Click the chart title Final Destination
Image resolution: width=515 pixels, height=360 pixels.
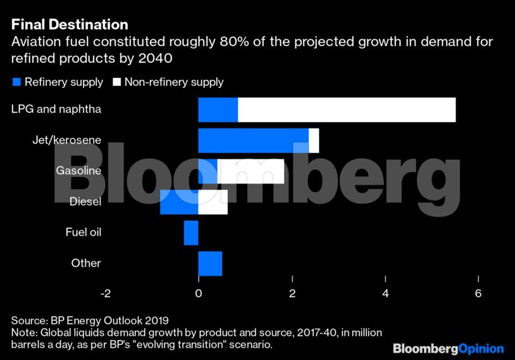pyautogui.click(x=70, y=25)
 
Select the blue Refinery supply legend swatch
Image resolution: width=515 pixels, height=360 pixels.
pyautogui.click(x=16, y=82)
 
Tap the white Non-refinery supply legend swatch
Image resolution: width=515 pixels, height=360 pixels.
pyautogui.click(x=117, y=82)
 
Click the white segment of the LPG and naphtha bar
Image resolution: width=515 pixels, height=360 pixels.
pyautogui.click(x=347, y=109)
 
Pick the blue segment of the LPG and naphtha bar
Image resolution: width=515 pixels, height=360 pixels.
pyautogui.click(x=218, y=109)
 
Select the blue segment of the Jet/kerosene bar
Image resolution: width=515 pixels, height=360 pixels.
pyautogui.click(x=253, y=140)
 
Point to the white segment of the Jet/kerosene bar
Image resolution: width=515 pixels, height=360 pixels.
pyautogui.click(x=314, y=140)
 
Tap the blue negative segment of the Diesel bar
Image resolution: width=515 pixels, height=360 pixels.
pyautogui.click(x=179, y=202)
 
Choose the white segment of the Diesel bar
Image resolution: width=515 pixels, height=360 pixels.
pyautogui.click(x=213, y=202)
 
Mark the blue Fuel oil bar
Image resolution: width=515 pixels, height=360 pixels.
pyautogui.click(x=191, y=232)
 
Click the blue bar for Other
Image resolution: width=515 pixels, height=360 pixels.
pyautogui.click(x=210, y=263)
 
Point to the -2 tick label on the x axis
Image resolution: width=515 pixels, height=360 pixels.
pyautogui.click(x=105, y=294)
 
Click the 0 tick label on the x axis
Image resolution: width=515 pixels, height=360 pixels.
pyautogui.click(x=199, y=294)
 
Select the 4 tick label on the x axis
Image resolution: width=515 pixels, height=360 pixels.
pyautogui.click(x=385, y=294)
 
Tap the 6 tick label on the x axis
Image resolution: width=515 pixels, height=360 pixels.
pyautogui.click(x=478, y=294)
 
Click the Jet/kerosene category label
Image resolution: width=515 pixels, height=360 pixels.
pyautogui.click(x=66, y=140)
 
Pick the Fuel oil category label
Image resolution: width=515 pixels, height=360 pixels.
pyautogui.click(x=83, y=232)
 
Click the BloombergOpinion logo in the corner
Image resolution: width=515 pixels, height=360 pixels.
pyautogui.click(x=448, y=349)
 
